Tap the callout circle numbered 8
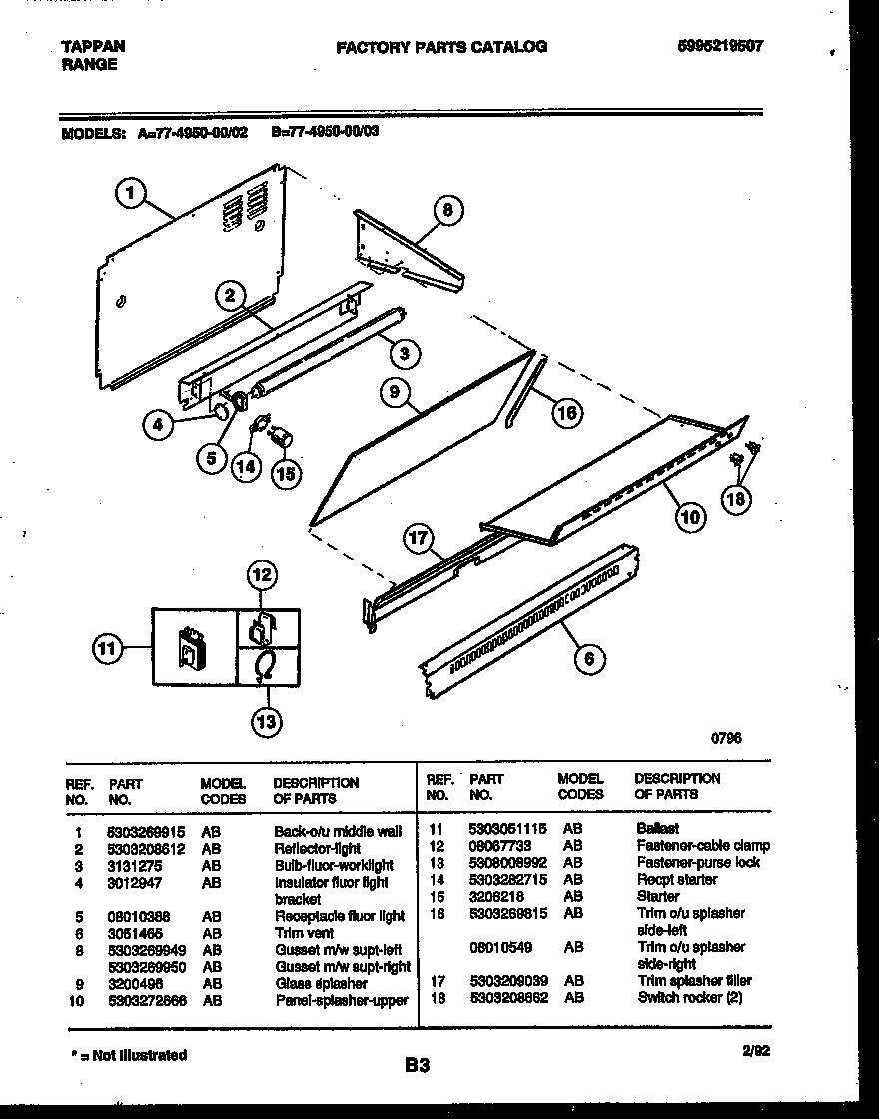coord(447,210)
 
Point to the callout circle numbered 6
coord(589,658)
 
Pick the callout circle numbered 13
coord(265,722)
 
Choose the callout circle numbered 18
coord(735,500)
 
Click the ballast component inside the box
coord(190,648)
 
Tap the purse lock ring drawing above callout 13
coord(266,665)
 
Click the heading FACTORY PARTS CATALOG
coord(440,47)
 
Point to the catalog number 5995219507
coord(719,46)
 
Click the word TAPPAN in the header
coord(93,46)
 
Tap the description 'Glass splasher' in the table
coord(321,984)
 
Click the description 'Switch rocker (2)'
coord(689,997)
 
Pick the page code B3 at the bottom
coord(417,1066)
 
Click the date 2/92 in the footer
coord(756,1050)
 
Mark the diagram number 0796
coord(726,738)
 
